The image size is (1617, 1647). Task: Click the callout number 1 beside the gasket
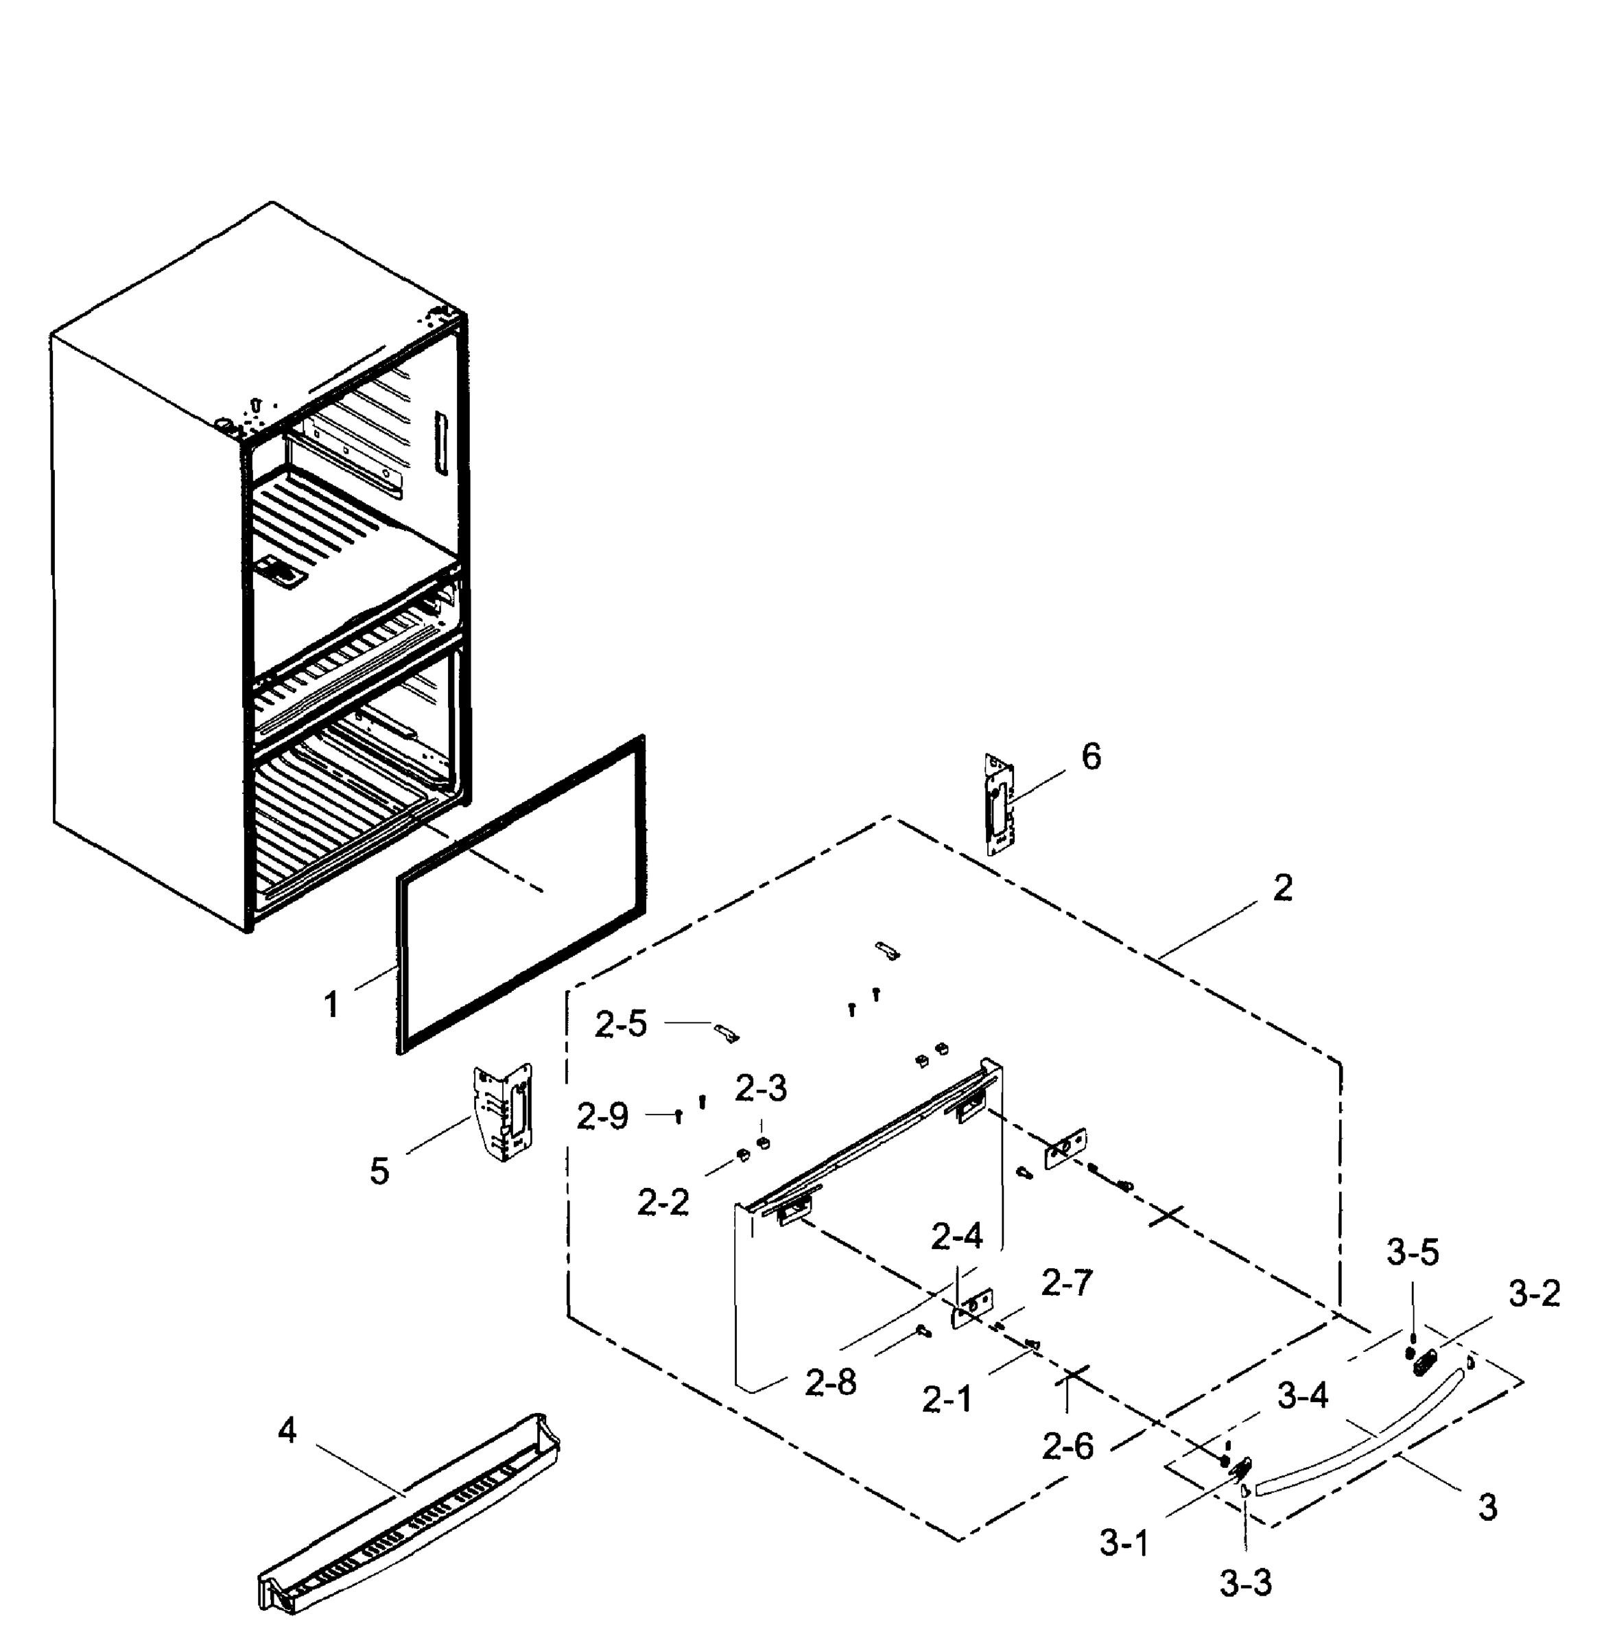pyautogui.click(x=331, y=1005)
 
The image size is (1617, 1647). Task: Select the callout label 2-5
pyautogui.click(x=621, y=1025)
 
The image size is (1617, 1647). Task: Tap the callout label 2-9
pyautogui.click(x=602, y=1116)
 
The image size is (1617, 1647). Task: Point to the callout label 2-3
pyautogui.click(x=761, y=1088)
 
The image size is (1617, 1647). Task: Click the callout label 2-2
pyautogui.click(x=663, y=1203)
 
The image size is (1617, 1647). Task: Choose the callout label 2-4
pyautogui.click(x=956, y=1237)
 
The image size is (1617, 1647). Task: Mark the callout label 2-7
pyautogui.click(x=1067, y=1283)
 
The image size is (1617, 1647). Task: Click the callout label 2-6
pyautogui.click(x=1068, y=1447)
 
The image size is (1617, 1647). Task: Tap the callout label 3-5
pyautogui.click(x=1413, y=1253)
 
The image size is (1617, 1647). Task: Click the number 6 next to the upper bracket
pyautogui.click(x=1091, y=757)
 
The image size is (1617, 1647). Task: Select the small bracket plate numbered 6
pyautogui.click(x=1000, y=803)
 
